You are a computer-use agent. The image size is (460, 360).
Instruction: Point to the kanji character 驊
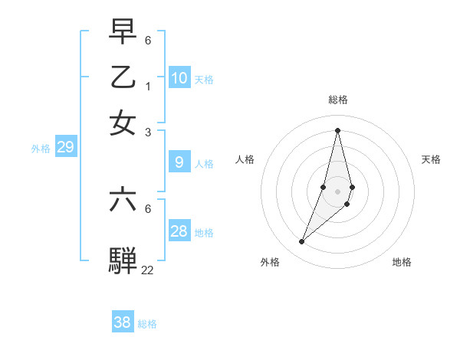pos(123,260)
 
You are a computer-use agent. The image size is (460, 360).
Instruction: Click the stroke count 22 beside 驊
pos(147,270)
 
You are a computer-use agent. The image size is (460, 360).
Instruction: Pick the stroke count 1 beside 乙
pos(147,85)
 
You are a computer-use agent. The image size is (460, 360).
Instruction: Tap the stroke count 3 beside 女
pos(147,131)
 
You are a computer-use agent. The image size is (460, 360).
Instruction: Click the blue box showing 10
pos(179,77)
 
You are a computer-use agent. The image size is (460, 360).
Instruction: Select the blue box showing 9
pos(179,162)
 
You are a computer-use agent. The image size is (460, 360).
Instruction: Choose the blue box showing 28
pos(179,231)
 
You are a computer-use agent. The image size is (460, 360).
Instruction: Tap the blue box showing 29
pos(65,147)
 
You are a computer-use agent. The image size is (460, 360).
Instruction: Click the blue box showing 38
pos(123,322)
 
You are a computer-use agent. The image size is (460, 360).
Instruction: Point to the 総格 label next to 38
pos(147,324)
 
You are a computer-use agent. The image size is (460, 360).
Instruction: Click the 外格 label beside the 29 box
pos(41,149)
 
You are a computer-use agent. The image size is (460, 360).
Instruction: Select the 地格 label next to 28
pos(204,232)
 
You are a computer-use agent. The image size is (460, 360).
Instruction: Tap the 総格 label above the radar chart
pos(337,100)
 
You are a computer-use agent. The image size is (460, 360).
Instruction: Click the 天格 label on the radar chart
pos(431,159)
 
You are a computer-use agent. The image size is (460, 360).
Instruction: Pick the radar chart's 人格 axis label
pos(245,159)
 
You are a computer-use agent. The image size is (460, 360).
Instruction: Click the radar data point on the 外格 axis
pos(301,241)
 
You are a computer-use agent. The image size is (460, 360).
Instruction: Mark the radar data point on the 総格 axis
pos(337,129)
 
